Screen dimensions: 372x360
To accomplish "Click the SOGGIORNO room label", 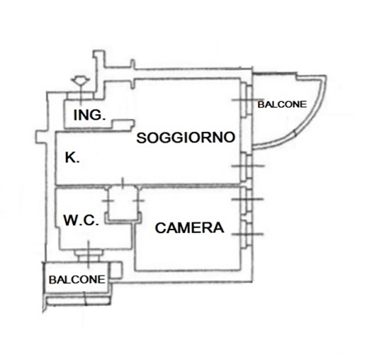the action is [x=186, y=137].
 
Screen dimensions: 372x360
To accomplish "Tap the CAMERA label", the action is [x=190, y=227].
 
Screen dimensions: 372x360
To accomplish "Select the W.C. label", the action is [x=81, y=220].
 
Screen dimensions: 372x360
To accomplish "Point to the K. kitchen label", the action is [x=72, y=157].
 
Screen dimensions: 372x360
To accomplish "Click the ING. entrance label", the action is [x=89, y=115].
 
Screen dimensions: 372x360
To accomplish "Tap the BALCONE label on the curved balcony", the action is [x=282, y=104].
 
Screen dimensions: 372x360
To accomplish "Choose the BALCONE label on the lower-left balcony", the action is [x=77, y=280].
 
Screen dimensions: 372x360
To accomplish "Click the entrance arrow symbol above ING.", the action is [x=81, y=81].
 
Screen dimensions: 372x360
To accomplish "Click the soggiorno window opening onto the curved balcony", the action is [x=247, y=100].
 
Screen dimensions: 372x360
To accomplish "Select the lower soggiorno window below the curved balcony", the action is [x=247, y=166].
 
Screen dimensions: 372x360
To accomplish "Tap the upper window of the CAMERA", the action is [x=247, y=199].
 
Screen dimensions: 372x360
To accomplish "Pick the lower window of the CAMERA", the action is [x=247, y=235].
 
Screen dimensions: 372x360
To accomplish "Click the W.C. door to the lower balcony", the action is [x=89, y=254].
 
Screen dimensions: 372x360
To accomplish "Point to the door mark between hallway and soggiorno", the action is [x=123, y=183].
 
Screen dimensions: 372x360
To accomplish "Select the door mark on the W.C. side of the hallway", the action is [x=108, y=201].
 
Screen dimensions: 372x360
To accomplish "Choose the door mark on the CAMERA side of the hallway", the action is [x=139, y=201].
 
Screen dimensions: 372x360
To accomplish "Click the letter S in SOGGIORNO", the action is [x=142, y=138].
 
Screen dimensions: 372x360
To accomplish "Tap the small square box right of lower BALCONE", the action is [x=116, y=270].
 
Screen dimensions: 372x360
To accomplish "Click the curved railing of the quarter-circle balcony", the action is [x=312, y=118].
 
